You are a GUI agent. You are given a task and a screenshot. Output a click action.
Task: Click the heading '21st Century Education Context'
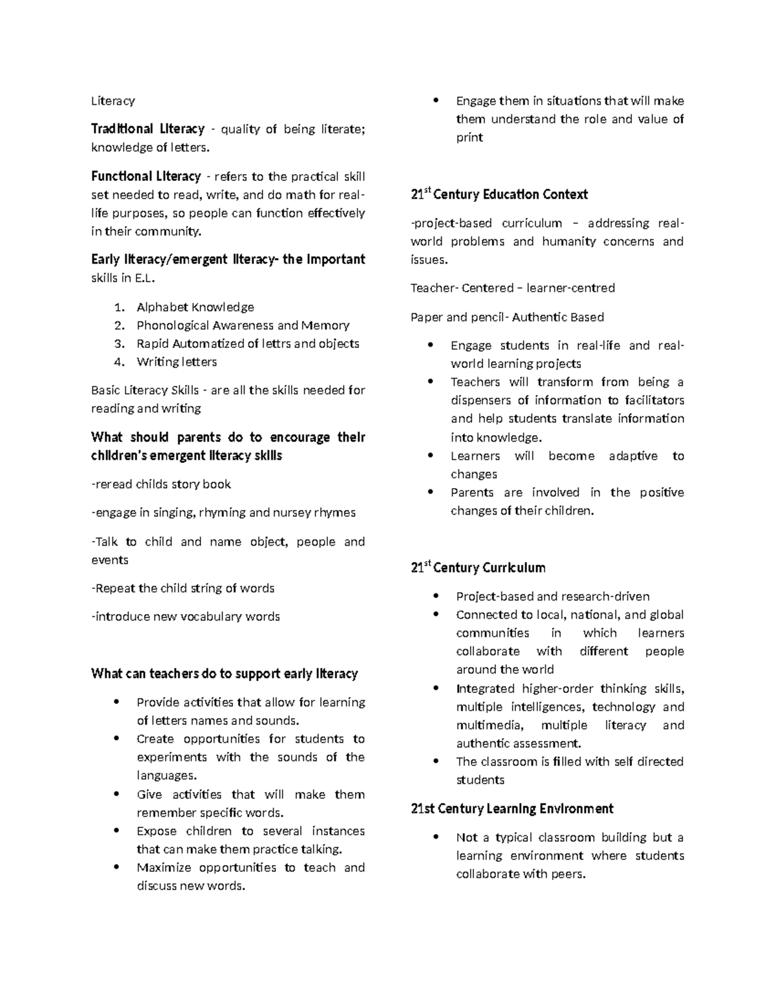[499, 195]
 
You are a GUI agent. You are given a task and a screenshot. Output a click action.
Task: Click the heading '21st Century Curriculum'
[478, 568]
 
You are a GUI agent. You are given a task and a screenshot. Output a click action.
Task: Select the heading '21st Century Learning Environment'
[512, 809]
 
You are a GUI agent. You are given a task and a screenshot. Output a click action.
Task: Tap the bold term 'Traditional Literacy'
[147, 129]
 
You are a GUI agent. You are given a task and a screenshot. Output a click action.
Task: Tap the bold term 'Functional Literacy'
[146, 176]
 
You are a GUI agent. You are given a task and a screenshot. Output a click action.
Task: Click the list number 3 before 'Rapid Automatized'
[118, 344]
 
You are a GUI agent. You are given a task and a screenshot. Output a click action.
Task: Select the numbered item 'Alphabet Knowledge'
[195, 307]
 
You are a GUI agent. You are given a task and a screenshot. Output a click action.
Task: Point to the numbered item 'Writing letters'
[177, 362]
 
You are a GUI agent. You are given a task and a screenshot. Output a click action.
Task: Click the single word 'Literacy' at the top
[113, 101]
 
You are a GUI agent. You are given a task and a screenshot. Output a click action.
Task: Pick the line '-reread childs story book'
[161, 484]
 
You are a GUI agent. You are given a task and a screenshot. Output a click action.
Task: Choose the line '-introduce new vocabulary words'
[186, 617]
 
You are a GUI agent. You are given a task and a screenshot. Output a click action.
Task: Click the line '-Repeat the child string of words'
[183, 588]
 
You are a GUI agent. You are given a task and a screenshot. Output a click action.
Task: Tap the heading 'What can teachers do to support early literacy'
[224, 674]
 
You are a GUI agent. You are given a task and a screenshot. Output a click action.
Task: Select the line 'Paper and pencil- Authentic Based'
[507, 317]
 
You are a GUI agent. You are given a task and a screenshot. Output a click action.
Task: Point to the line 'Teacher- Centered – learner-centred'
[512, 288]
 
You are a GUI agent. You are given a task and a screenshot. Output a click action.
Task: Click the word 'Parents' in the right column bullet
[472, 493]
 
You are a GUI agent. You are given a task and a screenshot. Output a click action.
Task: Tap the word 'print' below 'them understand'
[469, 138]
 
